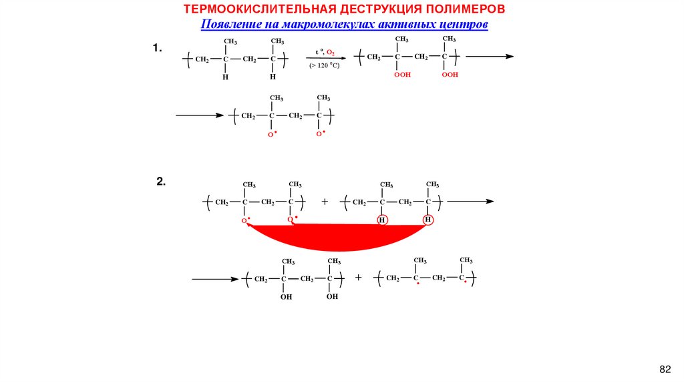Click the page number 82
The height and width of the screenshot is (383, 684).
(664, 369)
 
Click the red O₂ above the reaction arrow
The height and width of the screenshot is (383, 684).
(330, 52)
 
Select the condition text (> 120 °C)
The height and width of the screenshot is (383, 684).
(324, 65)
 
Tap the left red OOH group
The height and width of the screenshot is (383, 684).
(402, 75)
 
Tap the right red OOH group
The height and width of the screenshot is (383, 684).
(450, 75)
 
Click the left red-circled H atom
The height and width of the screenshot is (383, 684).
(382, 220)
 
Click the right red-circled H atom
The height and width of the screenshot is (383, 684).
(428, 220)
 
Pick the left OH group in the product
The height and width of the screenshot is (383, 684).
(286, 297)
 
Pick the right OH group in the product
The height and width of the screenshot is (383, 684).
(332, 297)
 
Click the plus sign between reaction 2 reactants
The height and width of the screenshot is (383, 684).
(325, 201)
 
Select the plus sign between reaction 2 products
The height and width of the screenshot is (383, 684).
(358, 277)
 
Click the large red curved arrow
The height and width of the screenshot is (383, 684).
(334, 235)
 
